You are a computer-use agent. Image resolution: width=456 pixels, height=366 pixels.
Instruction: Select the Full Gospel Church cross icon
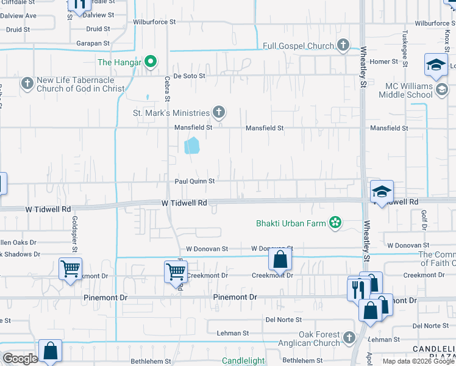(x=343, y=45)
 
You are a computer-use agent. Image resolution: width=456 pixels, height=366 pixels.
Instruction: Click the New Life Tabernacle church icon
(x=27, y=83)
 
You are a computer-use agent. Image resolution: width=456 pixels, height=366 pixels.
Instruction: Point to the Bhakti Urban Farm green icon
(x=335, y=223)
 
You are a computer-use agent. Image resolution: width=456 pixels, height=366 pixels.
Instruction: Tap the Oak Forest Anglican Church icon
(x=349, y=337)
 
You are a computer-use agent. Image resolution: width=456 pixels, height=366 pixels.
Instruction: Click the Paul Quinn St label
(x=195, y=181)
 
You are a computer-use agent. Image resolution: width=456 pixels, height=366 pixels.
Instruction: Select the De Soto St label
(x=190, y=76)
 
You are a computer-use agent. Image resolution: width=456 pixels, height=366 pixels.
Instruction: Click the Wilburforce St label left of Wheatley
(x=155, y=22)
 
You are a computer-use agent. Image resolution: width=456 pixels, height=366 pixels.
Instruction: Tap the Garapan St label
(x=93, y=44)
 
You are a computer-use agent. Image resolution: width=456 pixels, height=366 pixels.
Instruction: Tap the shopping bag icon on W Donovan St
(x=280, y=260)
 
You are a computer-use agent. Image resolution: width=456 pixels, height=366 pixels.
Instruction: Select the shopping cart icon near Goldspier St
(x=71, y=268)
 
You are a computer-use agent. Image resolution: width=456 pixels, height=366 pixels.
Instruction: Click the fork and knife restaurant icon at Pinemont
(x=358, y=288)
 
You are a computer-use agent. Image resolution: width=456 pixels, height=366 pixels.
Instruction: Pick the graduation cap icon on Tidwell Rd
(x=382, y=192)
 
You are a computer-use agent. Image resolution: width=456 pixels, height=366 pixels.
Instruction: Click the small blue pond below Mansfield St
(x=192, y=146)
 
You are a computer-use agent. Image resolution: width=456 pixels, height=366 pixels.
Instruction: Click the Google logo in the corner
(x=20, y=359)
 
